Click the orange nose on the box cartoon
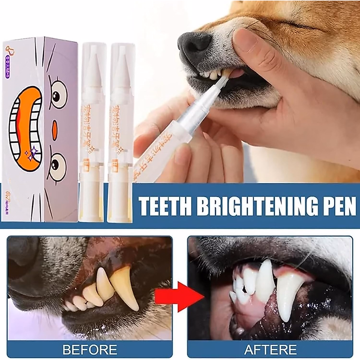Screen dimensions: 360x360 [54, 126]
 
